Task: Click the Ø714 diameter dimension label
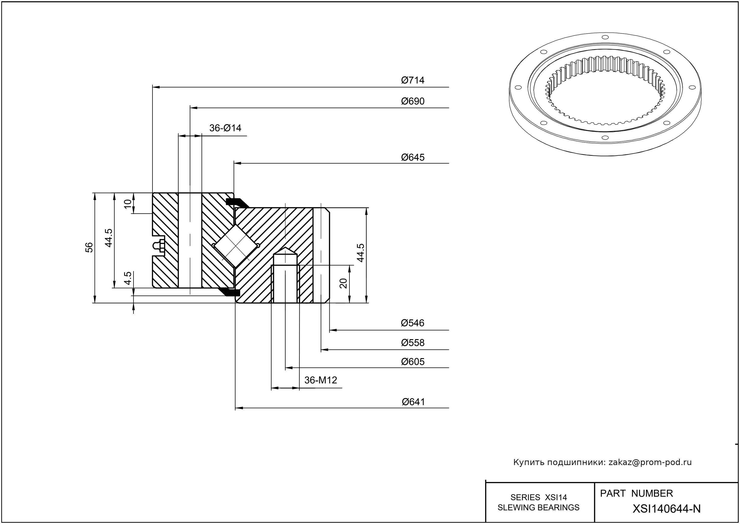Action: point(413,80)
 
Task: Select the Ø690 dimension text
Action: point(413,101)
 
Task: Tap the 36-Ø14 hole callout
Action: point(225,128)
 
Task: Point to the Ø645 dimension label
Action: point(413,158)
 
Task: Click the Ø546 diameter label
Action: point(413,323)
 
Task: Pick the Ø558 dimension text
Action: point(413,343)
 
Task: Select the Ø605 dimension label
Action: point(413,362)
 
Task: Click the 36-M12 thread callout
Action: point(321,380)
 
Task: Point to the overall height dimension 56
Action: point(89,248)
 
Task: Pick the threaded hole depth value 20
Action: point(344,283)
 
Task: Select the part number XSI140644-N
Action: point(666,509)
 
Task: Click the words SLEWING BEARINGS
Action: point(539,508)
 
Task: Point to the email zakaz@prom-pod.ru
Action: point(650,462)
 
